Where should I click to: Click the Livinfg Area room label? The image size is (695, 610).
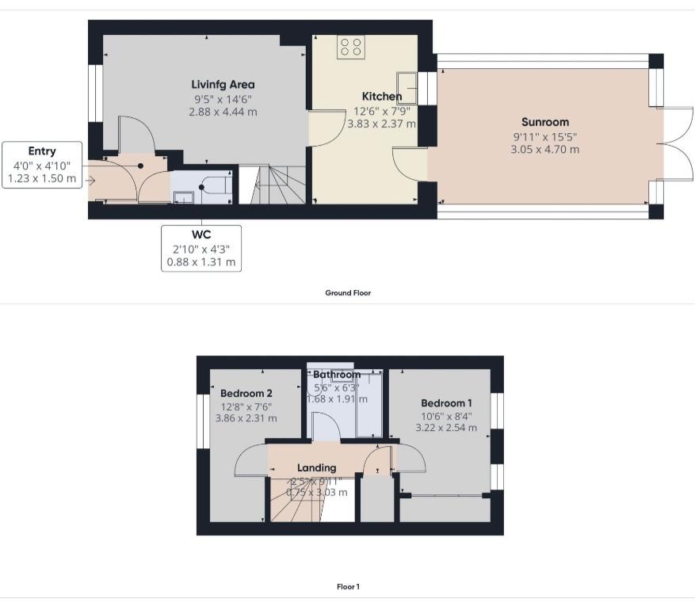(x=223, y=85)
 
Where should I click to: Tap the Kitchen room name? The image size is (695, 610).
(x=381, y=96)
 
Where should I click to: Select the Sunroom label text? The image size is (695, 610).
(x=545, y=122)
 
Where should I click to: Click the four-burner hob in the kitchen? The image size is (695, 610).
(x=350, y=47)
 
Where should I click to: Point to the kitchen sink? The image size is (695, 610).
(x=409, y=81)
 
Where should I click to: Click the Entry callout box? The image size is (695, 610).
(x=42, y=165)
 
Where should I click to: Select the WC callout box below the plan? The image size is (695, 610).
(x=201, y=247)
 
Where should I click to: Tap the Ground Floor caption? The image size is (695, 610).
(x=348, y=293)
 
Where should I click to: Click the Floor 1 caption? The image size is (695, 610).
(x=348, y=587)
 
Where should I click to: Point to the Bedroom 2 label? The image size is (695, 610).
(x=246, y=393)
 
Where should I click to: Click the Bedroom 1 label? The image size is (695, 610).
(x=447, y=402)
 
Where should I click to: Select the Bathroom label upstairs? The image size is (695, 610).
(x=337, y=375)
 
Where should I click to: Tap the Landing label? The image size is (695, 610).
(x=316, y=467)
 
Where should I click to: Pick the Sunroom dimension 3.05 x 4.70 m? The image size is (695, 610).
(x=545, y=150)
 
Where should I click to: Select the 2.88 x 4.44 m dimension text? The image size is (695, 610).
(x=223, y=112)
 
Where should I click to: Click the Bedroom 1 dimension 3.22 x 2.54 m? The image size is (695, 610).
(x=447, y=428)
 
